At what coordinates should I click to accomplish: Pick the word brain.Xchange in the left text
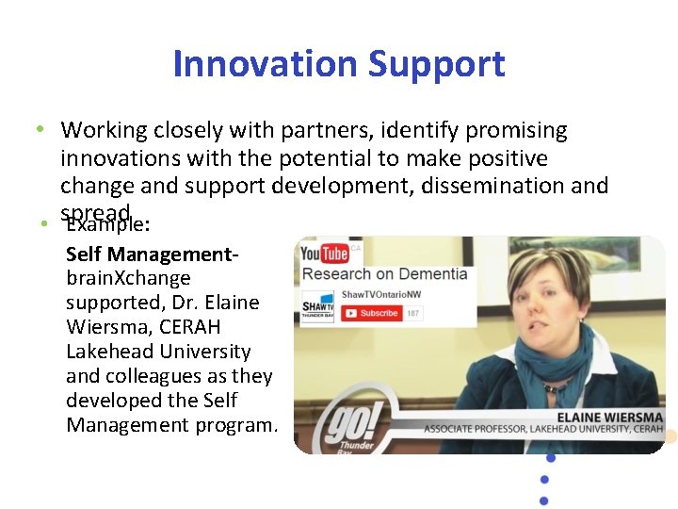point(128,279)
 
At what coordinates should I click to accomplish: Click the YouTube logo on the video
point(324,254)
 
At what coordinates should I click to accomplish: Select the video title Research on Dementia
point(385,275)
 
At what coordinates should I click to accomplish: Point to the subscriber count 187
point(413,313)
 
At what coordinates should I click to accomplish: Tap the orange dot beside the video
point(670,435)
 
